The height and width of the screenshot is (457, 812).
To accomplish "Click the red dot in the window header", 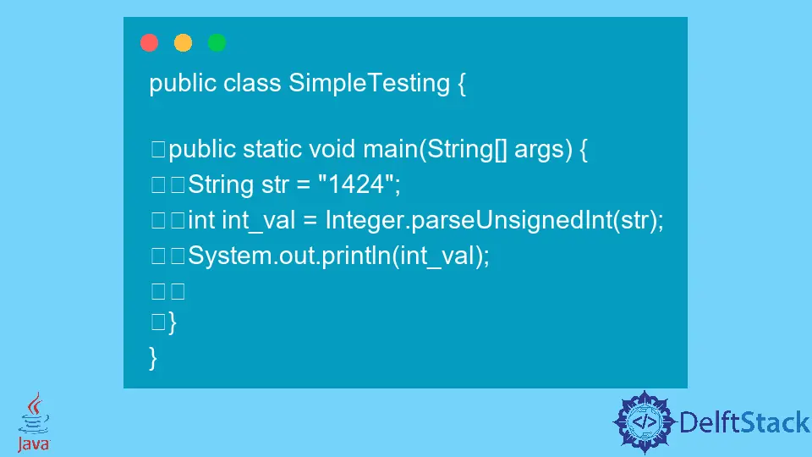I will click(150, 42).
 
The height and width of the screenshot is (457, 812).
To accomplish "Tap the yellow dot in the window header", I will click(183, 42).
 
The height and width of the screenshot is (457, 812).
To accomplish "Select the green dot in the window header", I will click(217, 42).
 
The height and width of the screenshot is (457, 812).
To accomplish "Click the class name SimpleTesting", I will click(370, 83).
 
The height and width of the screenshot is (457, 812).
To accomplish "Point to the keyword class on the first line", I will click(253, 83).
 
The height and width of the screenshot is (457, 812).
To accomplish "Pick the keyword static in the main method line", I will click(272, 150).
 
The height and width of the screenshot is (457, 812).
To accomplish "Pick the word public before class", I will click(183, 83).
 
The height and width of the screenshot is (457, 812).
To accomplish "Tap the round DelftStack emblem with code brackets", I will click(645, 421).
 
